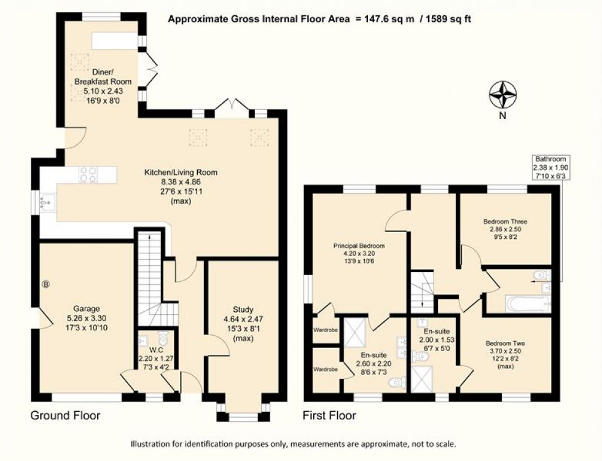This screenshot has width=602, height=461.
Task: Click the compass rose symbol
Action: tap(502, 96)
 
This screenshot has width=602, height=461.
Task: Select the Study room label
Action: tap(243, 309)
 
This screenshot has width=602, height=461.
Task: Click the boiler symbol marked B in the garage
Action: tap(45, 284)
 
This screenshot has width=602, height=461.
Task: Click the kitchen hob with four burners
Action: tap(88, 175)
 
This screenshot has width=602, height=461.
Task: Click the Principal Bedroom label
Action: tap(358, 246)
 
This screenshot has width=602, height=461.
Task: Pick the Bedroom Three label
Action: tap(505, 222)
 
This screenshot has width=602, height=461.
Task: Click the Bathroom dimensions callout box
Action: tap(551, 168)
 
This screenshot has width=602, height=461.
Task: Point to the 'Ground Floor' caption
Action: tap(65, 416)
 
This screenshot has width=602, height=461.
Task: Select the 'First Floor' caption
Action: tap(329, 416)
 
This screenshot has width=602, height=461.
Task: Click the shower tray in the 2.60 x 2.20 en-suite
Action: tap(354, 332)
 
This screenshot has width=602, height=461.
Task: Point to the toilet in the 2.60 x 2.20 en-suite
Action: tap(397, 382)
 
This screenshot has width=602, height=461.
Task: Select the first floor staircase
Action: tap(422, 291)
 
